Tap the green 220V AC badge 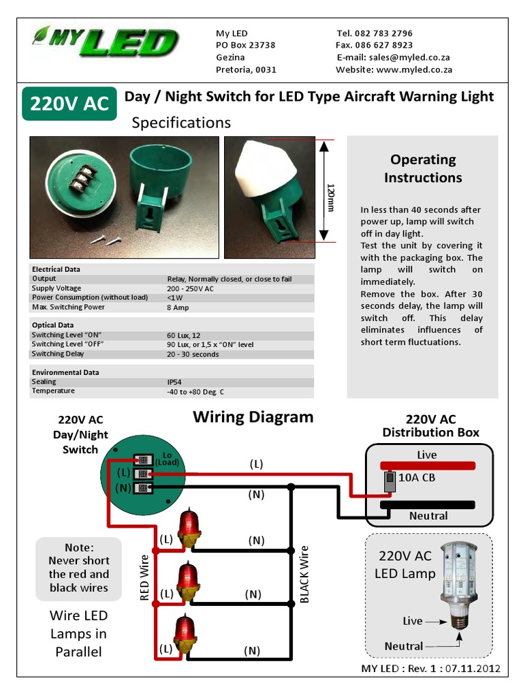[x=69, y=103]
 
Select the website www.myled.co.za [x=414, y=70]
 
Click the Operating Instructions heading [x=423, y=168]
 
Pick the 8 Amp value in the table [x=178, y=307]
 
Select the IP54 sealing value [x=174, y=382]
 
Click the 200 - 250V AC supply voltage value [x=190, y=288]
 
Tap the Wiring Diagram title [x=253, y=416]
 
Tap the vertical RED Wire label [x=144, y=577]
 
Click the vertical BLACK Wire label [x=304, y=574]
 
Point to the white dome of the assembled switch [x=267, y=167]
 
